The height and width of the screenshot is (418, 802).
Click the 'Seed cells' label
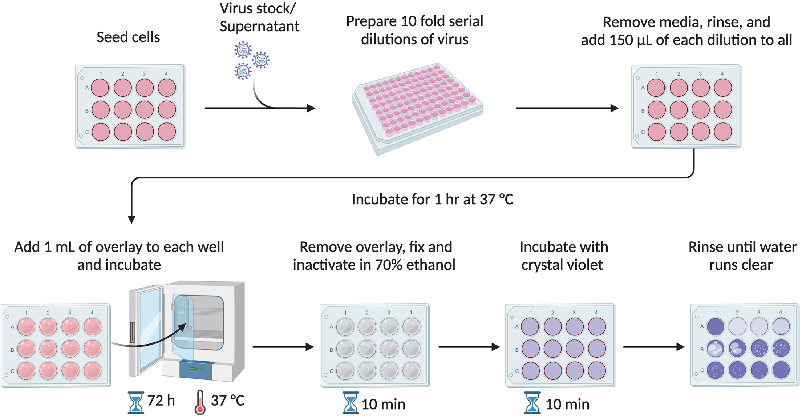click(128, 37)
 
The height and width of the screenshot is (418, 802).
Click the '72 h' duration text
click(161, 401)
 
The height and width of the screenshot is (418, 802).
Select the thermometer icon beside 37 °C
click(200, 402)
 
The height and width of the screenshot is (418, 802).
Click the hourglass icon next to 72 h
click(136, 403)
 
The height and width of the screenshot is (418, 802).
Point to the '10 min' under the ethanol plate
click(383, 404)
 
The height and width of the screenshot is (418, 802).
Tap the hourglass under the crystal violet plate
click(532, 403)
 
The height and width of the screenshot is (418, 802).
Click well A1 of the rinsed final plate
click(716, 326)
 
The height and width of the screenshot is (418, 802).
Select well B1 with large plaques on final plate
click(716, 348)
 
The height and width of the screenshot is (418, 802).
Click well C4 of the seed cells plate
click(167, 132)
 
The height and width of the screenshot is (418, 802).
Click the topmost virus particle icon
click(243, 50)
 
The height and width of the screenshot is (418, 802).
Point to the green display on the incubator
click(196, 369)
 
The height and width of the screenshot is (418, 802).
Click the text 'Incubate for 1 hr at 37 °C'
click(432, 199)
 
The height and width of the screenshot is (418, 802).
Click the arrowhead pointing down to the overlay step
click(131, 219)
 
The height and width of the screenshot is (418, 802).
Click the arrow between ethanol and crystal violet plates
click(469, 347)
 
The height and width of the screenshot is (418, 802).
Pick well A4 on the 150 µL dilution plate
click(723, 88)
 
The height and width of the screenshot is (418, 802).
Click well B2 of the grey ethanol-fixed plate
click(367, 349)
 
